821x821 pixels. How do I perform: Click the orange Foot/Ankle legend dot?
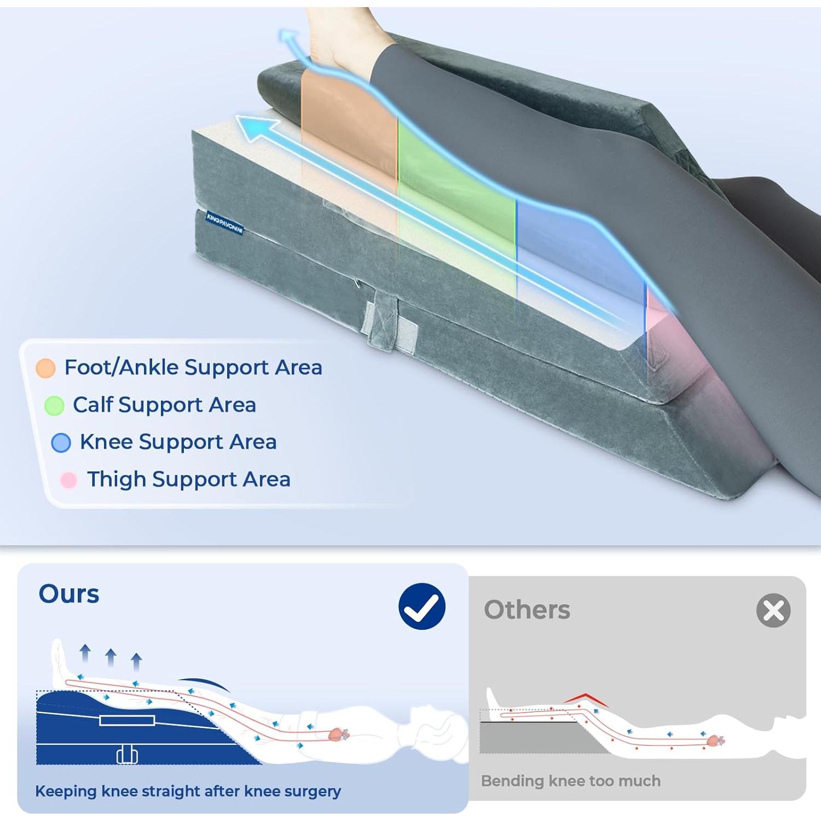point(45,368)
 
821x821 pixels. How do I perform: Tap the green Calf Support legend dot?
point(54,406)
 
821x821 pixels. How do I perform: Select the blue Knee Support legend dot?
point(61,442)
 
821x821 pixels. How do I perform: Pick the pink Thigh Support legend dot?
point(68,479)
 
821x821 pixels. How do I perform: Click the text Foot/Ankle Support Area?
point(193,367)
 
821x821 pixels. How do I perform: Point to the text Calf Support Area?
point(164,405)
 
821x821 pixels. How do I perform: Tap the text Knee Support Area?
point(178,442)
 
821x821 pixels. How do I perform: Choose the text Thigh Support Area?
point(189,479)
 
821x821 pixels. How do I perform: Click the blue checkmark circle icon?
point(422,606)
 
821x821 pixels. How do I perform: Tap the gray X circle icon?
point(773,610)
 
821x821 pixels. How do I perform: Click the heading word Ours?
point(69,594)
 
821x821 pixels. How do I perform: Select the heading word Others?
point(527,610)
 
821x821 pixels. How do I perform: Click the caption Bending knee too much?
point(571,780)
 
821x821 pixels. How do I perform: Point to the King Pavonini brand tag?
point(224,223)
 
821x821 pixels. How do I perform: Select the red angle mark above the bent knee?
point(585,698)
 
